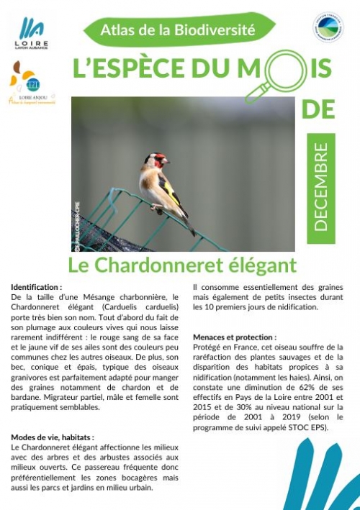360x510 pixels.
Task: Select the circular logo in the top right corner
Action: (x=328, y=29)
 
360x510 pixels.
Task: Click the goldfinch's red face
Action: (x=159, y=160)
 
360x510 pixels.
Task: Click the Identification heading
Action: (x=37, y=286)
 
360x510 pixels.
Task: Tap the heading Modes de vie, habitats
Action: (x=53, y=437)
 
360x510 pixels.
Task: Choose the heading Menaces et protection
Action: (x=235, y=337)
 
